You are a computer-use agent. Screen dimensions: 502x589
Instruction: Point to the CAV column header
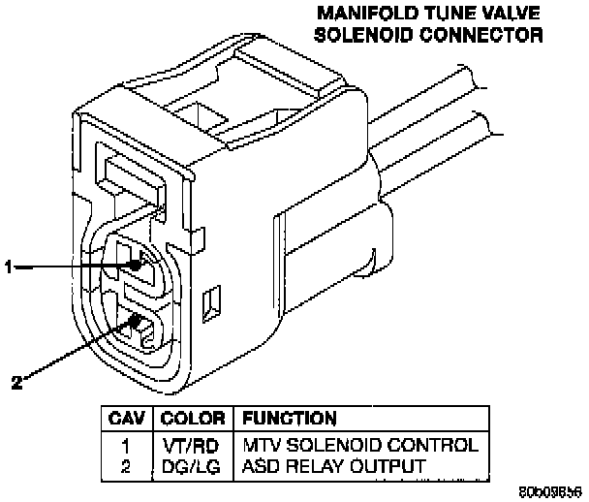click(x=126, y=419)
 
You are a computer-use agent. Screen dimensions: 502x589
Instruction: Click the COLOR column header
click(x=193, y=419)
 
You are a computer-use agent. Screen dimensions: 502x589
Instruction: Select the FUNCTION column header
click(x=290, y=419)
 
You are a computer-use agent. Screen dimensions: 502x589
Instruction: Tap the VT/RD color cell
click(x=192, y=446)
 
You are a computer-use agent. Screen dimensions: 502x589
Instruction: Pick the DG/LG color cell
click(x=192, y=466)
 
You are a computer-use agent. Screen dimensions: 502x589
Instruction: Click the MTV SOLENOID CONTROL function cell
click(x=359, y=446)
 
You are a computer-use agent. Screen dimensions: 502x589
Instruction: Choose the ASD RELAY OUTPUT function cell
click(x=333, y=466)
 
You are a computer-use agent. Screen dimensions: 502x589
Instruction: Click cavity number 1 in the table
click(x=125, y=446)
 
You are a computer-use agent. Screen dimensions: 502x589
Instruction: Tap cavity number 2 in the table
click(x=125, y=466)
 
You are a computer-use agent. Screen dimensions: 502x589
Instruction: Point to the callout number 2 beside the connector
click(x=15, y=381)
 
